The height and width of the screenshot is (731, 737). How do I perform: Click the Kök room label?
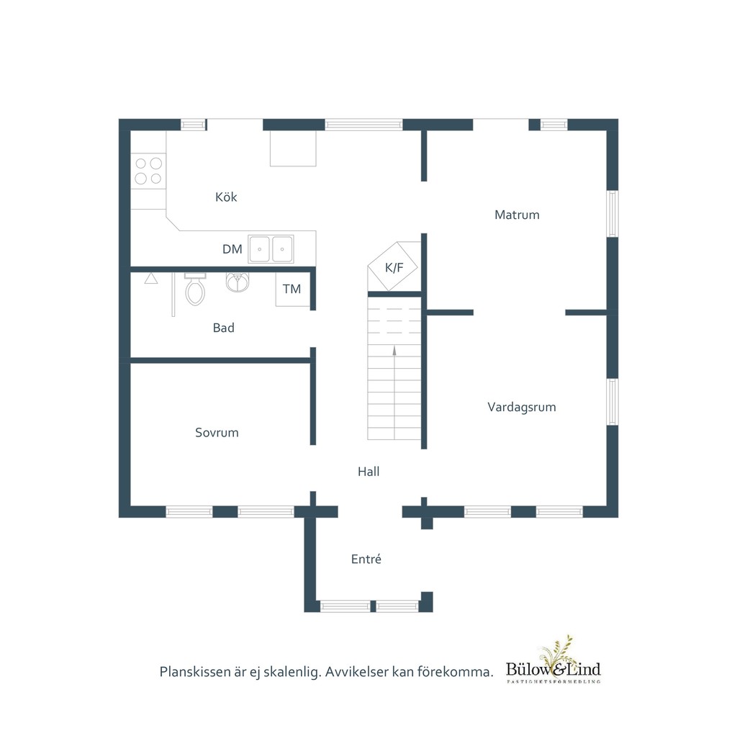pyautogui.click(x=226, y=197)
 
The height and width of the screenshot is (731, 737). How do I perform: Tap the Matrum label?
pyautogui.click(x=517, y=215)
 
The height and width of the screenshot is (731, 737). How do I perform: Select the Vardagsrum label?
pyautogui.click(x=522, y=407)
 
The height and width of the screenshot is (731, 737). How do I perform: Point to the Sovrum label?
pyautogui.click(x=217, y=432)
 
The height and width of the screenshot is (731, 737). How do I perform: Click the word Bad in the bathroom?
pyautogui.click(x=223, y=328)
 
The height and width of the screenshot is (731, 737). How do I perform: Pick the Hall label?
pyautogui.click(x=368, y=471)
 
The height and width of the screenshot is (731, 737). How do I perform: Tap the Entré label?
pyautogui.click(x=366, y=559)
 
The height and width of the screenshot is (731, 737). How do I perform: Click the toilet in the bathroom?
pyautogui.click(x=195, y=289)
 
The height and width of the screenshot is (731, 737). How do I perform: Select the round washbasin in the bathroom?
pyautogui.click(x=238, y=282)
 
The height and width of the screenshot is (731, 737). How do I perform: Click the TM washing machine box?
pyautogui.click(x=292, y=290)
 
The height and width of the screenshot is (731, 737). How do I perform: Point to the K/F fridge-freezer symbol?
pyautogui.click(x=393, y=266)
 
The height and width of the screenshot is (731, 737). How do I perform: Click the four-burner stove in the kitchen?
pyautogui.click(x=148, y=171)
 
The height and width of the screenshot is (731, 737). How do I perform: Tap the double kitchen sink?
pyautogui.click(x=271, y=249)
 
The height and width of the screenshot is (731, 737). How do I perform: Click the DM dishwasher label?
pyautogui.click(x=232, y=249)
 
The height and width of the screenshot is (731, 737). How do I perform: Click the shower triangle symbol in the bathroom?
pyautogui.click(x=151, y=279)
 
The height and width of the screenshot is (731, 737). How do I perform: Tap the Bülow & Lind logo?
pyautogui.click(x=553, y=660)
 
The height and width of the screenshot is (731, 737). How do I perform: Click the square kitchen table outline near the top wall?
pyautogui.click(x=293, y=148)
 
